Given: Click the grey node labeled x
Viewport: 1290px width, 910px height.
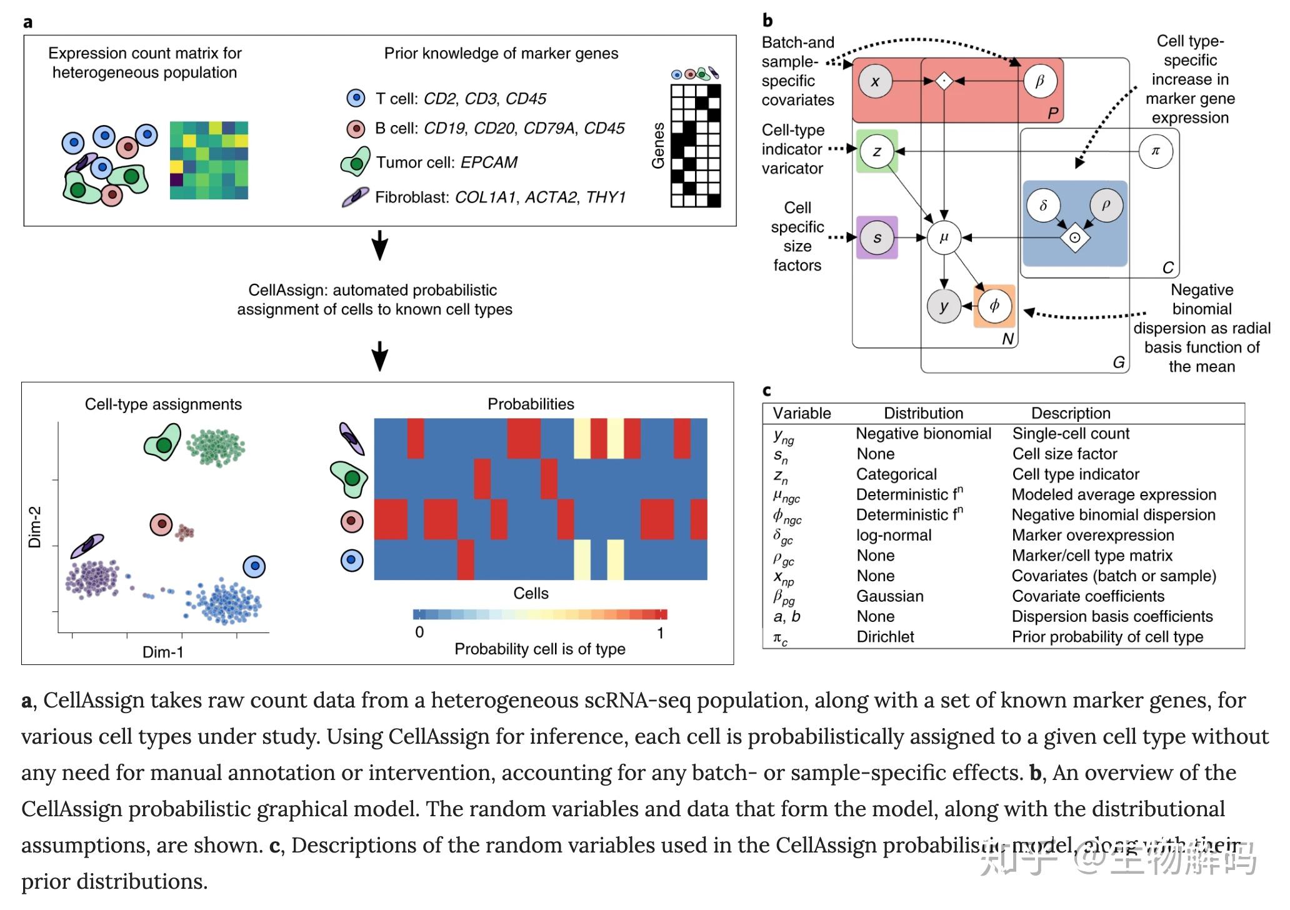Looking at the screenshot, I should point(875,81).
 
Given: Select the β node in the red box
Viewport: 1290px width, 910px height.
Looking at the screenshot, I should point(1040,81).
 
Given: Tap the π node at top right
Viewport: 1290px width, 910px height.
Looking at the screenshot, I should point(1155,151).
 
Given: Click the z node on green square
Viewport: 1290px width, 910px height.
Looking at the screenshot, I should point(876,151).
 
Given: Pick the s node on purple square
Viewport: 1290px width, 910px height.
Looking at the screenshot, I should point(877,237).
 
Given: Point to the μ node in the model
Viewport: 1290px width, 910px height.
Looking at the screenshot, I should point(944,237).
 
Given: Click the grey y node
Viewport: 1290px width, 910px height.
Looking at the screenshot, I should point(944,306).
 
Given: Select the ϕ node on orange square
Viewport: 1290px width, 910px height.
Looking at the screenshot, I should point(994,306).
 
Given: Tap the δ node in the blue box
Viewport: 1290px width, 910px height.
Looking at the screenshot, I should point(1043,205).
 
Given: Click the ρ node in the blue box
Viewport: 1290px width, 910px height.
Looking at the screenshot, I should point(1106,205).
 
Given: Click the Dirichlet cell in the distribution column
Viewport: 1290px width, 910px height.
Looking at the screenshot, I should point(885,637).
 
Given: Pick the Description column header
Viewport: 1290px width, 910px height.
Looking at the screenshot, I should point(1071,413).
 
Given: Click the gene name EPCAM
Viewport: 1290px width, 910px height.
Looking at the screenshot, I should point(489,162).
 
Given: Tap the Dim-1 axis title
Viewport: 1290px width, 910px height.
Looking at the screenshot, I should point(163,652).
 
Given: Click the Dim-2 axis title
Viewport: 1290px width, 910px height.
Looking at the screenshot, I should point(35,527).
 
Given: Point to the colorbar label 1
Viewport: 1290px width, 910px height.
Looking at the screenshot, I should point(660,633).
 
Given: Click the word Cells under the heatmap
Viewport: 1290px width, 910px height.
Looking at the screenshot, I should point(531,593).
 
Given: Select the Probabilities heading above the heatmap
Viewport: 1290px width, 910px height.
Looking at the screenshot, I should point(531,404).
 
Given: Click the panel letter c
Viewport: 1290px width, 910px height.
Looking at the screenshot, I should point(767,391).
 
